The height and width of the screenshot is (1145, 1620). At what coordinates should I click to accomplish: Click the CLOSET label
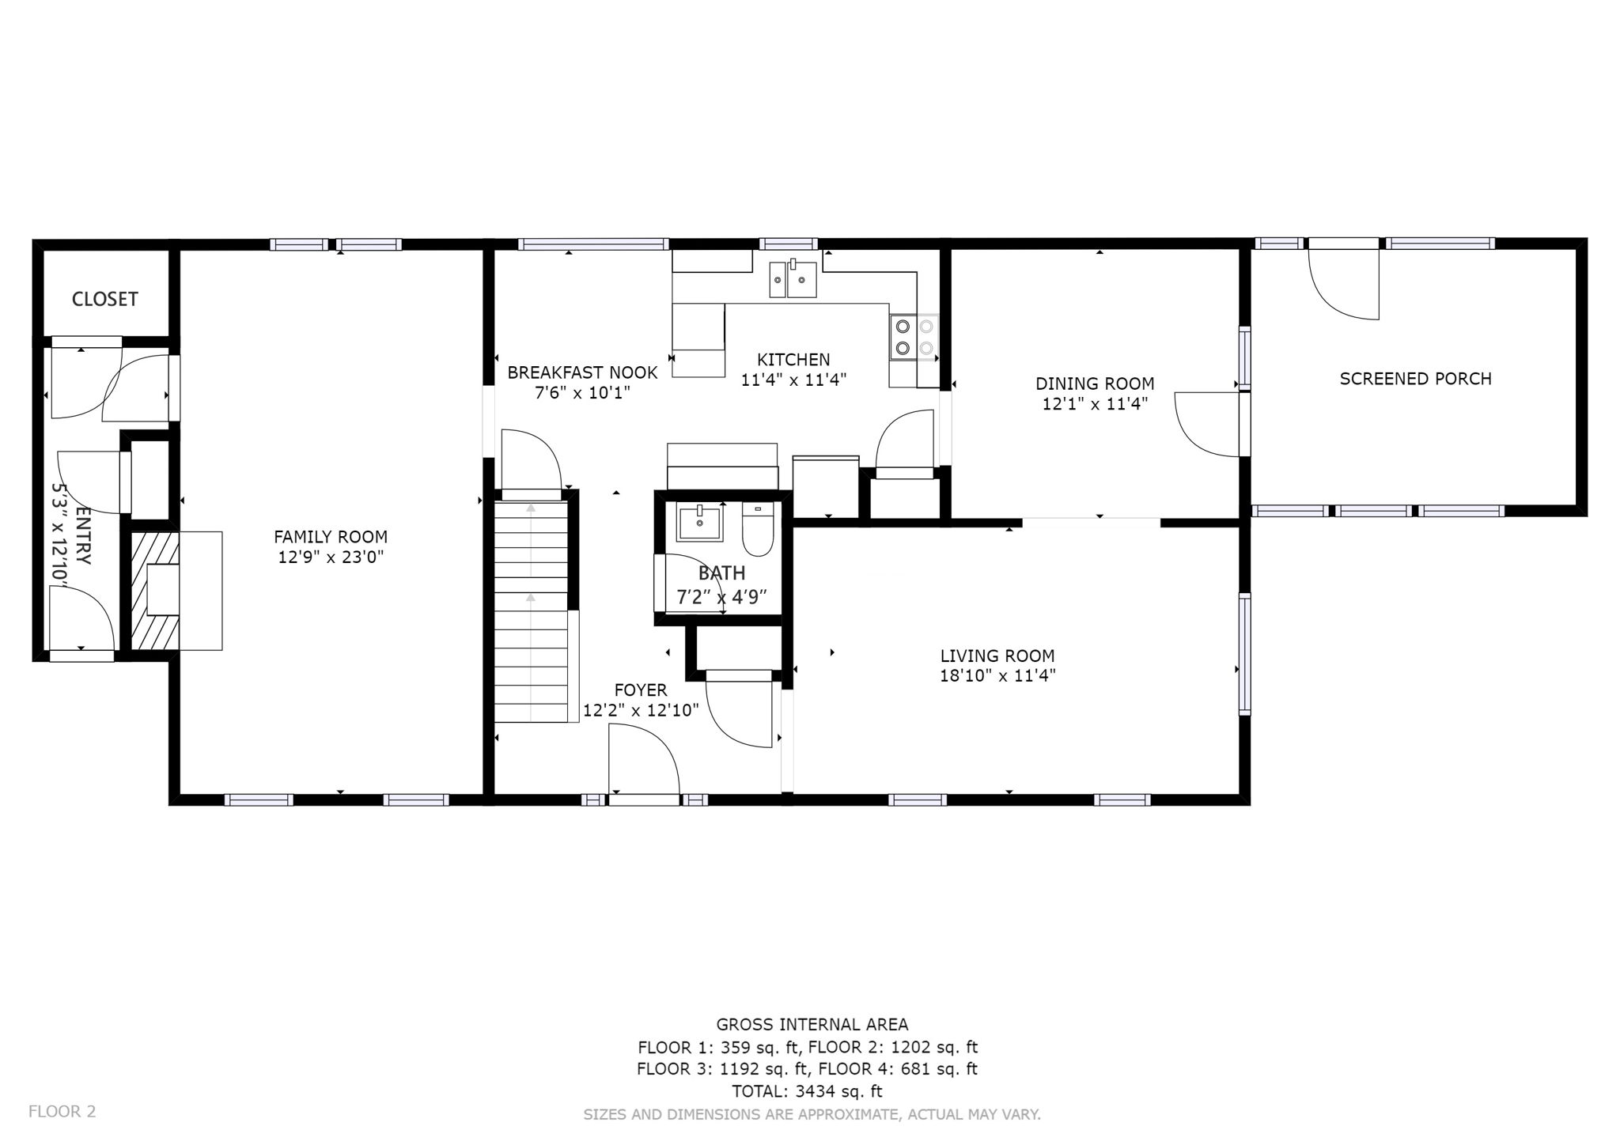point(104,299)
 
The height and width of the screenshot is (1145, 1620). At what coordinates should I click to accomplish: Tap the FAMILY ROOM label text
point(331,537)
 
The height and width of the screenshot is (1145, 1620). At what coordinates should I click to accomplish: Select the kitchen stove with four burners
point(914,338)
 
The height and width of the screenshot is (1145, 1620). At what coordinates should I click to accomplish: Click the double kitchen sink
point(793,278)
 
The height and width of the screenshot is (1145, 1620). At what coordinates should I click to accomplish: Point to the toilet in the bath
point(758,531)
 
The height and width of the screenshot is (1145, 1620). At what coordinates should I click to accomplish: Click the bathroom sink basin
point(699,523)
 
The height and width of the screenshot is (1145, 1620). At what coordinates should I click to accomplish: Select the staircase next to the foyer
point(531,609)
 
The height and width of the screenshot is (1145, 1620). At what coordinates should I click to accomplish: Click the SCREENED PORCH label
point(1415,379)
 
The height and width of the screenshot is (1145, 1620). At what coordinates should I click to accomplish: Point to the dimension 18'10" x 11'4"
point(997,676)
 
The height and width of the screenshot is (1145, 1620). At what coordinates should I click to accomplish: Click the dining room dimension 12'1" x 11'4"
point(1095,404)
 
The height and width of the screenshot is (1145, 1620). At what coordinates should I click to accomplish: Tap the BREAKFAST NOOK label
point(582,372)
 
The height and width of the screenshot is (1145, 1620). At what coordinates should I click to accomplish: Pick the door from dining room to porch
point(1208,425)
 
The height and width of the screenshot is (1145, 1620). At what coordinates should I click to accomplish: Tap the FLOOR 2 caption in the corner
point(62,1111)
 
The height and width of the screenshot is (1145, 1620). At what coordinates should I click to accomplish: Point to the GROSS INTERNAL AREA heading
point(812,1025)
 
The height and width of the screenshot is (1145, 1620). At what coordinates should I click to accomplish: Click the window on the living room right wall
point(1245,654)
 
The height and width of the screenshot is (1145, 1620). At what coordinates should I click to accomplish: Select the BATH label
point(721,573)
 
